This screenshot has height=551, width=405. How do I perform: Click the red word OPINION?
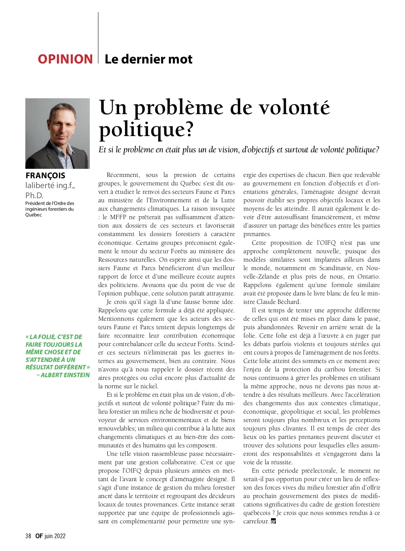65,59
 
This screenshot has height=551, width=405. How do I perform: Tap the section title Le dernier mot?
148,59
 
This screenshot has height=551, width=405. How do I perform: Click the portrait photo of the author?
57,133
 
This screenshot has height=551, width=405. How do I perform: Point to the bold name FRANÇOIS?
45,176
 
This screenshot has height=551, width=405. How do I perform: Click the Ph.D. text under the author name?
34,195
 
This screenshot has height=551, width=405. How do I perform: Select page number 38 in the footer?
28,536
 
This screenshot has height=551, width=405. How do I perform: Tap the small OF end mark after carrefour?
273,521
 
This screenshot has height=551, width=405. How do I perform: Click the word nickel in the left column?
150,386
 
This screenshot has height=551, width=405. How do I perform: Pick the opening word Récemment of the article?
123,175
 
